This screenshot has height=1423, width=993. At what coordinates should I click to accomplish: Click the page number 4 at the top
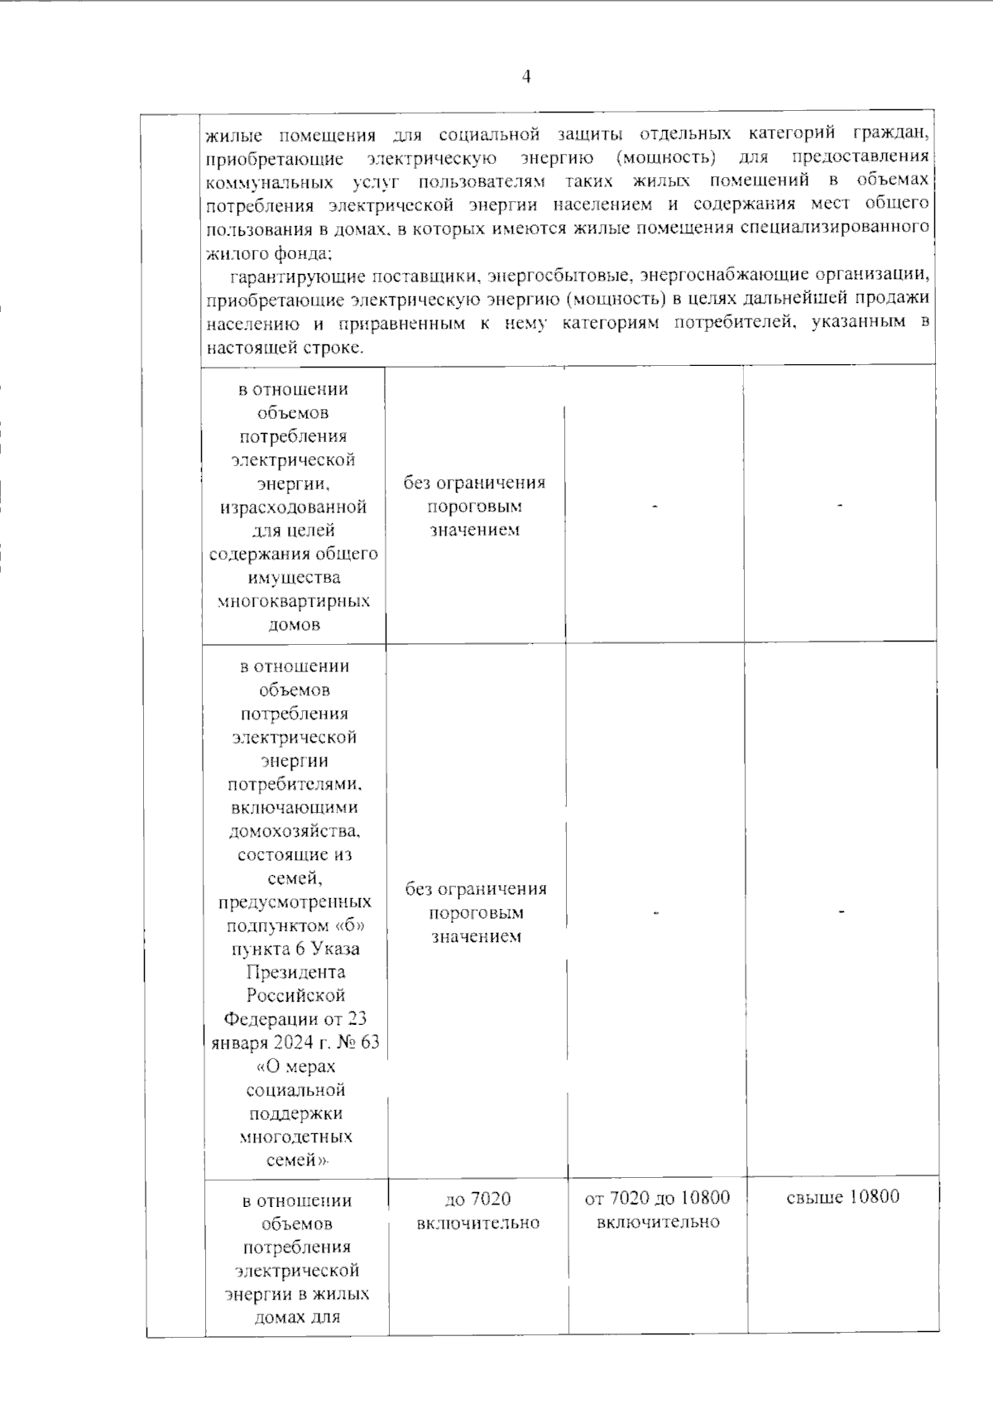coord(526,77)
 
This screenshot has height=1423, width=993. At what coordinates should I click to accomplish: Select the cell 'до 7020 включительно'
coord(478,1210)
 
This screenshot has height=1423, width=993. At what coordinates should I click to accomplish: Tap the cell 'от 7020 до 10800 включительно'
coord(657,1209)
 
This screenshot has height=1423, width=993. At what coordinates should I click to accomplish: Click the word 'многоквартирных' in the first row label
coord(294,601)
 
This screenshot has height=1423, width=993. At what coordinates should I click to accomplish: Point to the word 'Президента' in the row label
coord(295,972)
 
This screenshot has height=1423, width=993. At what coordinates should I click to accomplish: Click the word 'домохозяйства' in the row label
coord(294,831)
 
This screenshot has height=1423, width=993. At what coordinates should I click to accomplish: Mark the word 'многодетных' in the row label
coord(295,1137)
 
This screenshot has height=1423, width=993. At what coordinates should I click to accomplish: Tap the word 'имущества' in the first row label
coord(294,577)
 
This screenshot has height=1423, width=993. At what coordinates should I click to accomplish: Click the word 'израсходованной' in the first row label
coord(294,507)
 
